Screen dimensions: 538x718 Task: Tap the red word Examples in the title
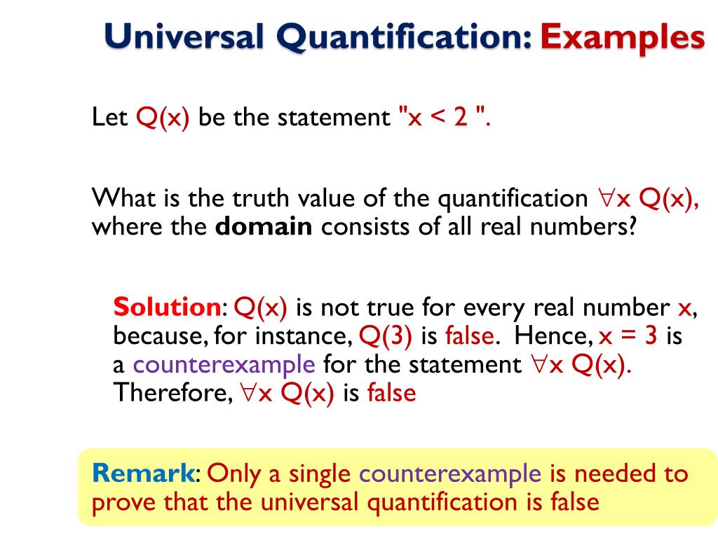tap(622, 38)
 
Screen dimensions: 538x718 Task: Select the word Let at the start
tap(109, 117)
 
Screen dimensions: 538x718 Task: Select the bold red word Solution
tap(167, 308)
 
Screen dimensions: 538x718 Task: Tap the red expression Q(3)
tap(386, 336)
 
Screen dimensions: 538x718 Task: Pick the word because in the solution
tap(159, 336)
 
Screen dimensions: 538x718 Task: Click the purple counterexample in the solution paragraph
tap(224, 365)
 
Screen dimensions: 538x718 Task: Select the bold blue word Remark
tap(143, 474)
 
